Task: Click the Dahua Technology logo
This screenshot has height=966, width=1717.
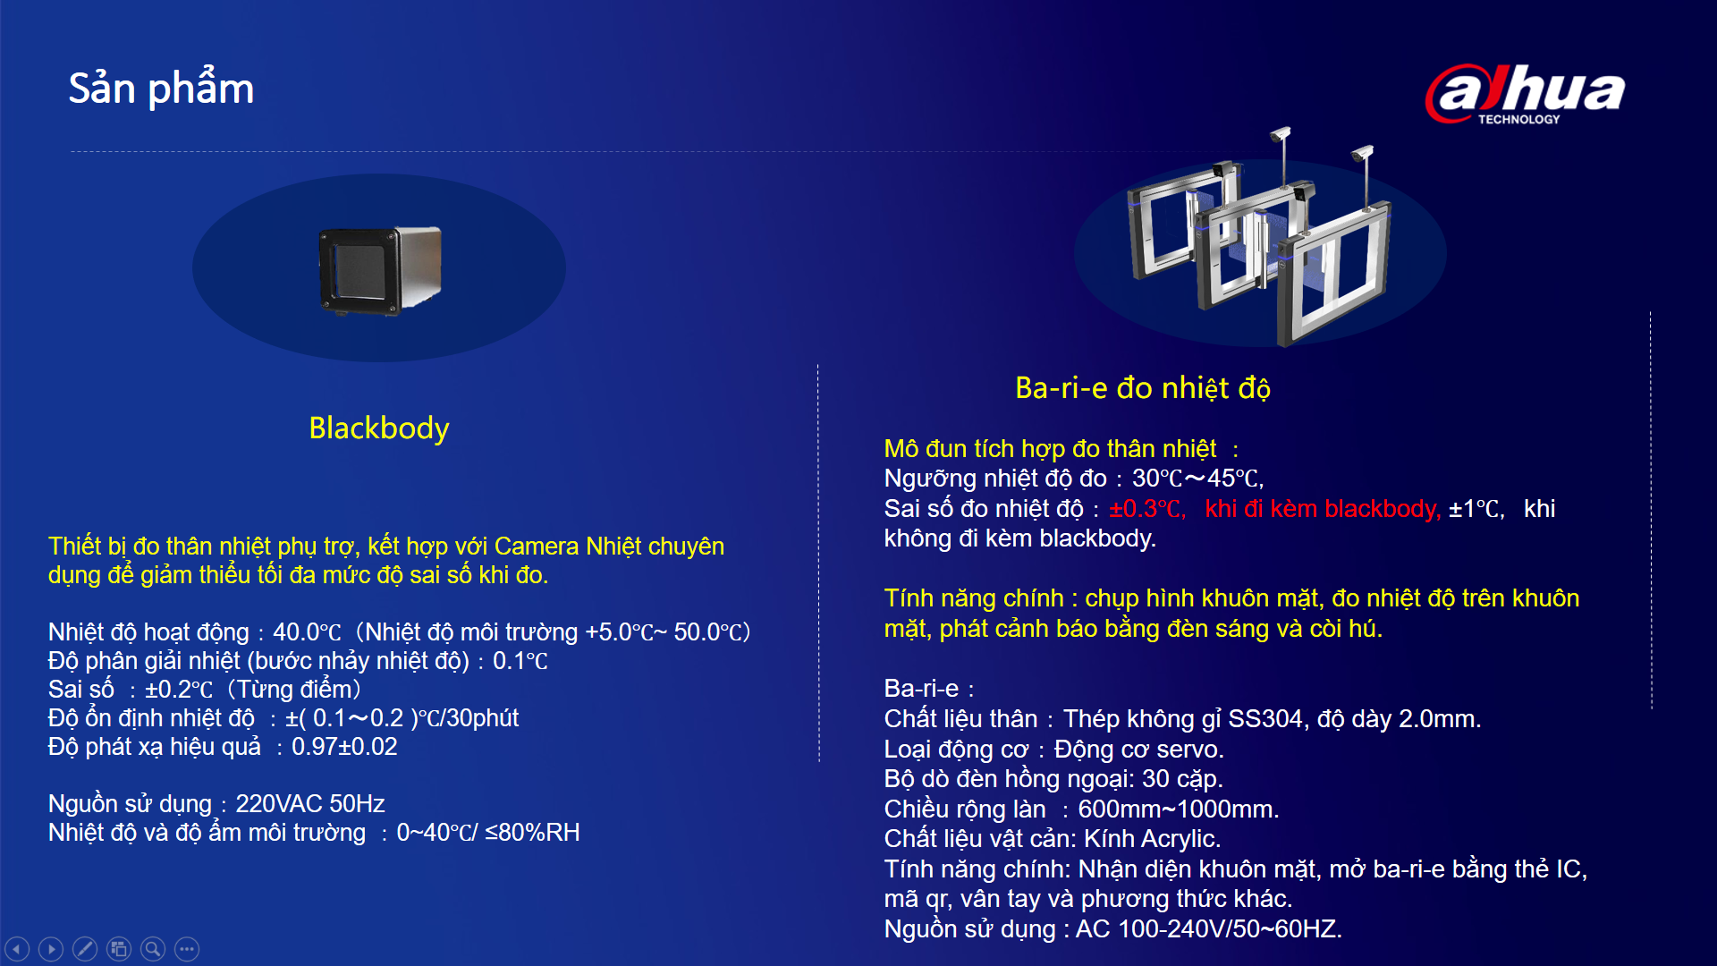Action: coord(1526,94)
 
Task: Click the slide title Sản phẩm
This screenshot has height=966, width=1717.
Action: coord(161,89)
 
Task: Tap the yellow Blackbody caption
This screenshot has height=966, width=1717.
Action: coord(378,428)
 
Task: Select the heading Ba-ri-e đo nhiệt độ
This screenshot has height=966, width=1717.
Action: coord(1143,388)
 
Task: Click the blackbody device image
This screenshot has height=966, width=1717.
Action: coord(381,270)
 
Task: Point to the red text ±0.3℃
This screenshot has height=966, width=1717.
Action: coord(1147,509)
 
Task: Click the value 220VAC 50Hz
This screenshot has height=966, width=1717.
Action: coord(310,804)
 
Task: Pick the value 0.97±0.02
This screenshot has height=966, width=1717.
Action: coord(344,747)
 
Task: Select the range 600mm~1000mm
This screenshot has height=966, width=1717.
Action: coord(1178,809)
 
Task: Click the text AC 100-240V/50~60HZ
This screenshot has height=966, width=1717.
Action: coord(1208,929)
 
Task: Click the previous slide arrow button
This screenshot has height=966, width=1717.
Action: coord(17,949)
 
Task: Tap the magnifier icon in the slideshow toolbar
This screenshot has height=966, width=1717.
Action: coord(153,949)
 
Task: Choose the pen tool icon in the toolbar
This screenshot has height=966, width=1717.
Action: coord(85,949)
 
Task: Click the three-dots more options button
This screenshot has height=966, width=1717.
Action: coord(187,949)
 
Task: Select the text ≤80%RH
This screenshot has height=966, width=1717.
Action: coord(532,833)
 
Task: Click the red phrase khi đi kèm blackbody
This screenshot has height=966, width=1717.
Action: coord(1323,509)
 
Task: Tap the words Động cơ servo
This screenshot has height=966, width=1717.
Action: coord(1138,750)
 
